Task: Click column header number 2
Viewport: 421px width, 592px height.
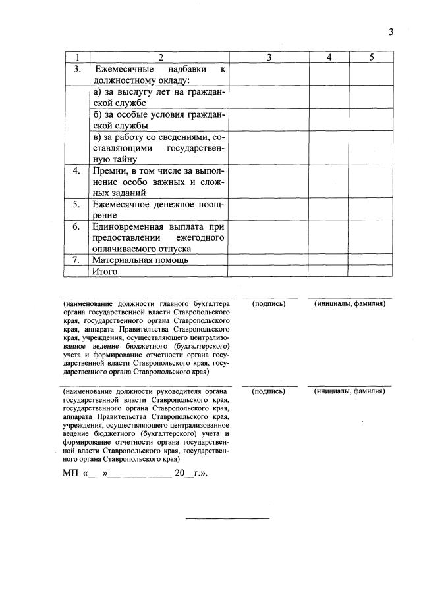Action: coord(159,57)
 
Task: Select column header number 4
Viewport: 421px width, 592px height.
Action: coord(329,57)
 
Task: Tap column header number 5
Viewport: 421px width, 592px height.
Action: coord(371,57)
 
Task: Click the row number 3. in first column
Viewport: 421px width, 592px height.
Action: coord(78,69)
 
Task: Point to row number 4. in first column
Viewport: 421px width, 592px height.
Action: coord(78,170)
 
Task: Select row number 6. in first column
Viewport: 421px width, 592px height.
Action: coord(78,226)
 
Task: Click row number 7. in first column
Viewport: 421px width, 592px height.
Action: coord(78,260)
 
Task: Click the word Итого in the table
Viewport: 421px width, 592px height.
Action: coord(105,271)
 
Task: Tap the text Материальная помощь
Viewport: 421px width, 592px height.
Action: coord(140,260)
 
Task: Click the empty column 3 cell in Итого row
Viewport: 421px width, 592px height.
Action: coord(268,271)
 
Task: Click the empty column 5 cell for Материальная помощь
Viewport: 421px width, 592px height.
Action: coord(371,260)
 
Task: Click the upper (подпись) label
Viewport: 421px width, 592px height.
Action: coord(269,303)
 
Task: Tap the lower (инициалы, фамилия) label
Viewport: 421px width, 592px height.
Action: coord(350,391)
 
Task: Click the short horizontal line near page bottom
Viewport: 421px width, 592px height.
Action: coord(227,518)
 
